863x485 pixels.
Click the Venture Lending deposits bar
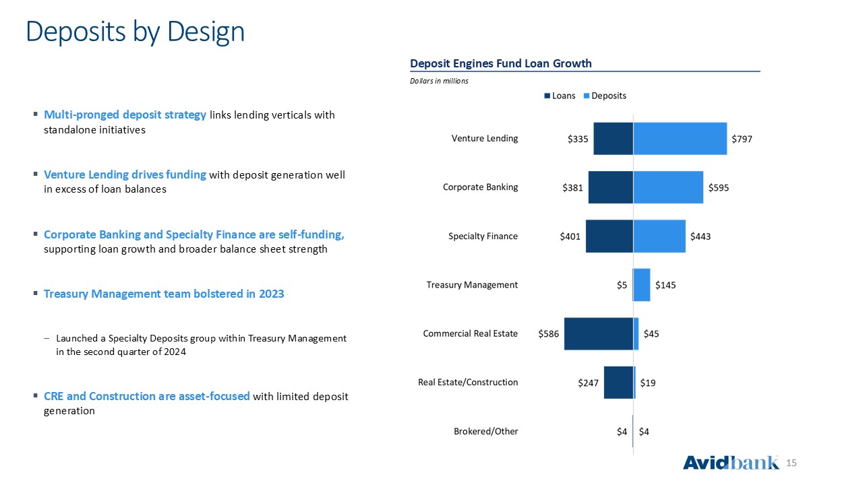point(680,139)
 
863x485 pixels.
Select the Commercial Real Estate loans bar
point(599,333)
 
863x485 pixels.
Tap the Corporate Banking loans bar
point(611,187)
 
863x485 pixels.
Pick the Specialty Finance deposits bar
point(659,236)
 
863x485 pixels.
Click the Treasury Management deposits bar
point(642,285)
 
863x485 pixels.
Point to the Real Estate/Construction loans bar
point(619,382)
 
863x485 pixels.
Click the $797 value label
point(742,139)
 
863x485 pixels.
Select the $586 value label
point(548,333)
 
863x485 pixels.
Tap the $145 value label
point(665,285)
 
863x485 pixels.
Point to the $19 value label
point(648,383)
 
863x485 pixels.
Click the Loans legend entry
point(560,96)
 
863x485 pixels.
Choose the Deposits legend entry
point(605,96)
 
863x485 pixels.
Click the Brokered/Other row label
point(486,431)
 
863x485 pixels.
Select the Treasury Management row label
point(472,285)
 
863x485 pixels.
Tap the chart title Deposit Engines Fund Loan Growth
point(500,63)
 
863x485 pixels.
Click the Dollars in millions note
point(439,81)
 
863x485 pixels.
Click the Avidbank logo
point(731,462)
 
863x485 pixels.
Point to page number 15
point(791,463)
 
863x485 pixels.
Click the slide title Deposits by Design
point(136,32)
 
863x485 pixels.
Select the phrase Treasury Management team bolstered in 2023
point(164,294)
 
